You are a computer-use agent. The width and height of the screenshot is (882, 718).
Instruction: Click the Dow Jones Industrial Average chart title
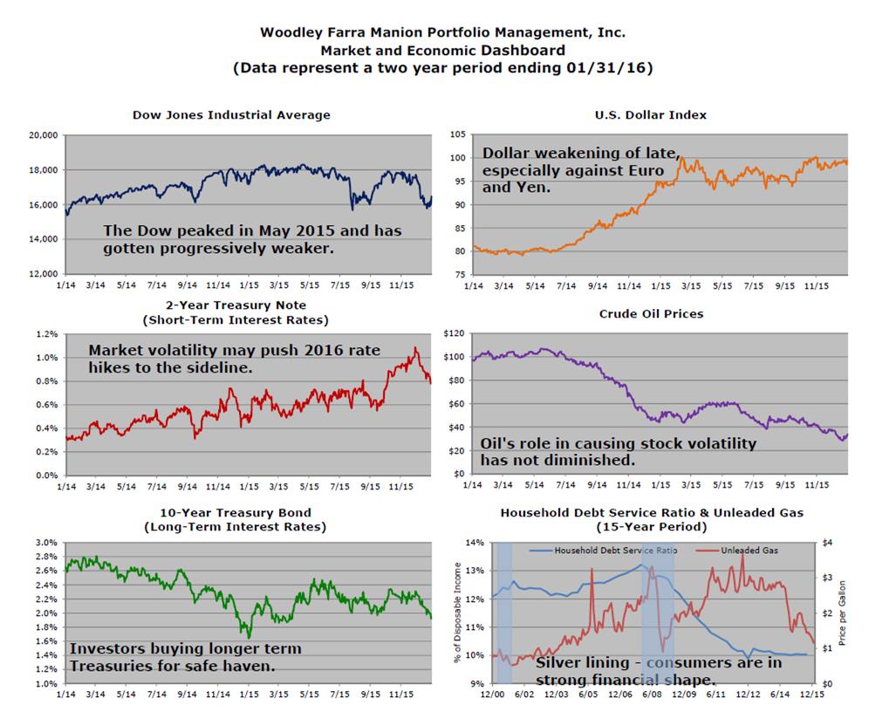pyautogui.click(x=231, y=114)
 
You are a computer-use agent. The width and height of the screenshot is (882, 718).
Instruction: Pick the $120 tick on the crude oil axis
pyautogui.click(x=454, y=333)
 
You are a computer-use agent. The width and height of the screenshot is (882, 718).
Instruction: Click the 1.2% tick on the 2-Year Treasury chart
pyautogui.click(x=46, y=334)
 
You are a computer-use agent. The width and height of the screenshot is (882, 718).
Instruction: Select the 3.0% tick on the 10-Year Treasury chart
pyautogui.click(x=46, y=542)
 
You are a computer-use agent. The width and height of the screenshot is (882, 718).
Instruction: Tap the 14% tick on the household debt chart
pyautogui.click(x=475, y=543)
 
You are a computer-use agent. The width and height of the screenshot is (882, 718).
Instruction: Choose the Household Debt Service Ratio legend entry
pyautogui.click(x=603, y=550)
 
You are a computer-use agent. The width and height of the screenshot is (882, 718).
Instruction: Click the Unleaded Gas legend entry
pyautogui.click(x=749, y=550)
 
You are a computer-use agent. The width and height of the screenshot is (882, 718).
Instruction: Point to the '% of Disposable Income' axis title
pyautogui.click(x=459, y=612)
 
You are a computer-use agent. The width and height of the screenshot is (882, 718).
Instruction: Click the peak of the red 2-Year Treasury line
pyautogui.click(x=415, y=348)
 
